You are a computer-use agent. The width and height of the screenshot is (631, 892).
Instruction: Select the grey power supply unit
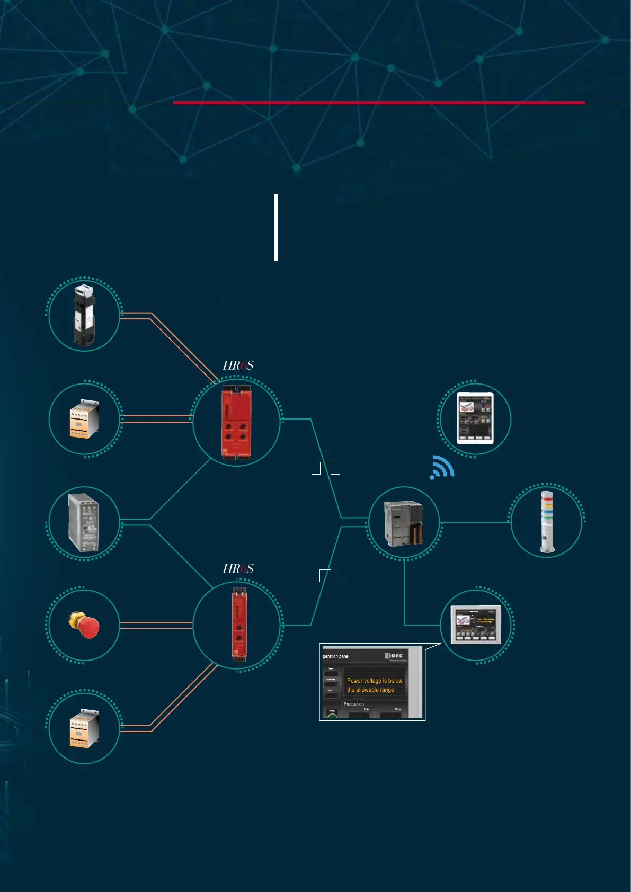tap(84, 522)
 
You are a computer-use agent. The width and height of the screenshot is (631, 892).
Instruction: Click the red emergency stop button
tap(84, 625)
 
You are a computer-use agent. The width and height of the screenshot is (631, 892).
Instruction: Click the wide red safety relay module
tap(236, 421)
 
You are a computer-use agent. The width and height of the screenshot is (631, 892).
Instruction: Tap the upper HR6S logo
tap(238, 365)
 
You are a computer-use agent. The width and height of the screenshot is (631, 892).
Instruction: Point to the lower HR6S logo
tap(238, 569)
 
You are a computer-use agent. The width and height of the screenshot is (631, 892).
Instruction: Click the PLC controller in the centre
tap(404, 523)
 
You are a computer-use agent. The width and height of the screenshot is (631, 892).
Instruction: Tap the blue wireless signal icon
tap(442, 467)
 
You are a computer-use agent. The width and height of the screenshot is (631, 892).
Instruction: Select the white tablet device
tap(475, 418)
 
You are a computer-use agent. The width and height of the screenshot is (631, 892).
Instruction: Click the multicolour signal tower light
tap(546, 522)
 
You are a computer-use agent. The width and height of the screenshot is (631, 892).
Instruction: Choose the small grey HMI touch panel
tap(476, 625)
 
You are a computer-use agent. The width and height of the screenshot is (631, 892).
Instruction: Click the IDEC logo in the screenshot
tap(394, 656)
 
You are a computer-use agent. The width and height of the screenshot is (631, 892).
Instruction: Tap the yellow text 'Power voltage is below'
tap(375, 681)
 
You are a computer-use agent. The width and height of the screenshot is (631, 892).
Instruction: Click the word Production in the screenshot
tap(353, 704)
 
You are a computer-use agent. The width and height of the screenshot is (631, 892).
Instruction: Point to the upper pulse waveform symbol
tap(325, 468)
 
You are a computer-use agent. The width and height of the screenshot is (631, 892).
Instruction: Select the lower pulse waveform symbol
tap(325, 576)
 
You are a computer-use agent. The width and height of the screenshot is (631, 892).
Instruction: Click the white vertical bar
tap(276, 227)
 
